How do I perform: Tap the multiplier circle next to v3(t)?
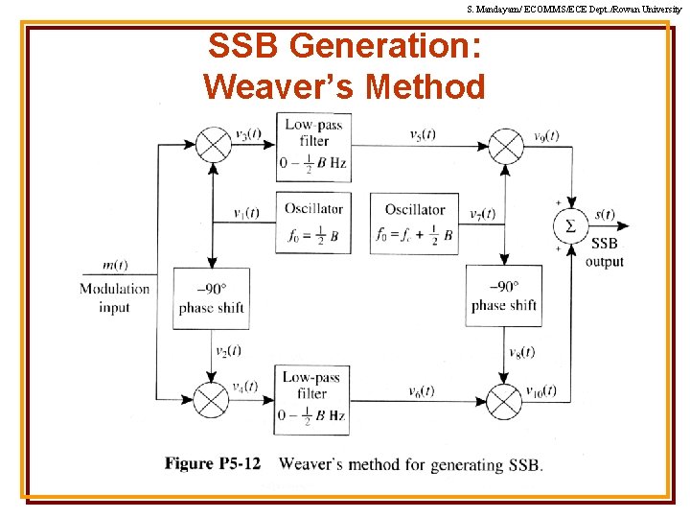[213, 145]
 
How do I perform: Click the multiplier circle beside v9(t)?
[506, 145]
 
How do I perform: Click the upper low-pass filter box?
[312, 146]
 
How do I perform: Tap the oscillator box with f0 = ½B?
[312, 223]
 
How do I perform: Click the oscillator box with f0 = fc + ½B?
[414, 223]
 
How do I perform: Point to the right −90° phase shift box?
[504, 296]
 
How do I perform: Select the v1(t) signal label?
[246, 213]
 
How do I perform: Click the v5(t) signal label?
[422, 134]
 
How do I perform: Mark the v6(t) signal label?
[422, 391]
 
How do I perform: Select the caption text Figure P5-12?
[213, 464]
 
